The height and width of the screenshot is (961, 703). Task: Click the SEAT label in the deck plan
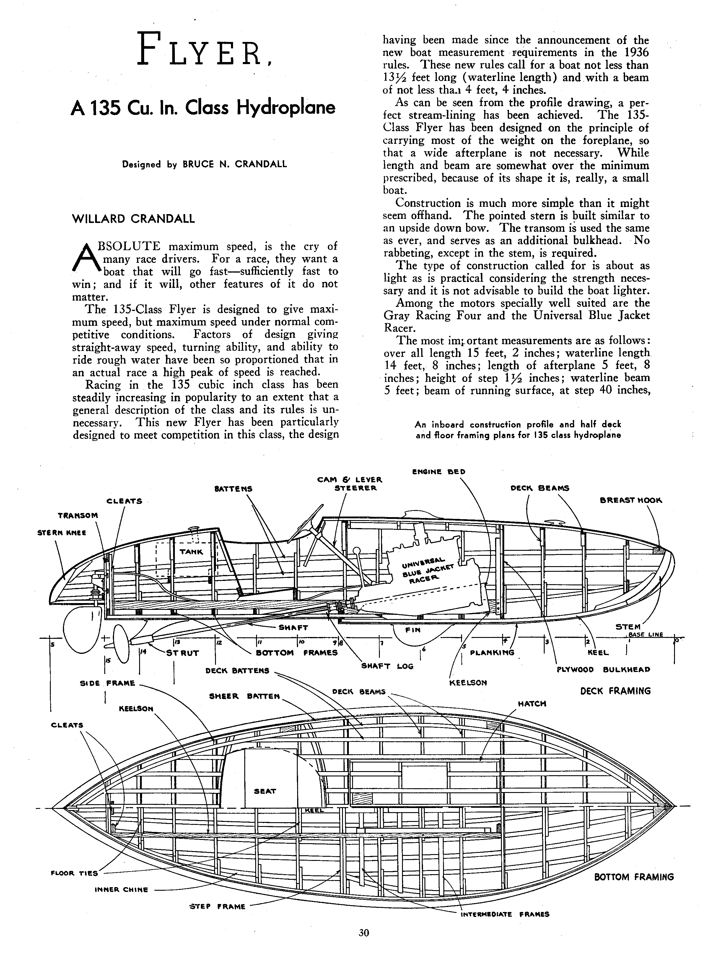click(x=265, y=791)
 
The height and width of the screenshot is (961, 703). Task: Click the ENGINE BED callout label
click(x=439, y=471)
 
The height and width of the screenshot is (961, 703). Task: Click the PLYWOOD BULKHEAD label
click(x=603, y=669)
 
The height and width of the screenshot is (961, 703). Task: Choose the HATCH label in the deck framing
click(x=532, y=704)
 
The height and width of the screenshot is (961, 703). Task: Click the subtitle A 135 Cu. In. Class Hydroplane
click(x=203, y=107)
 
